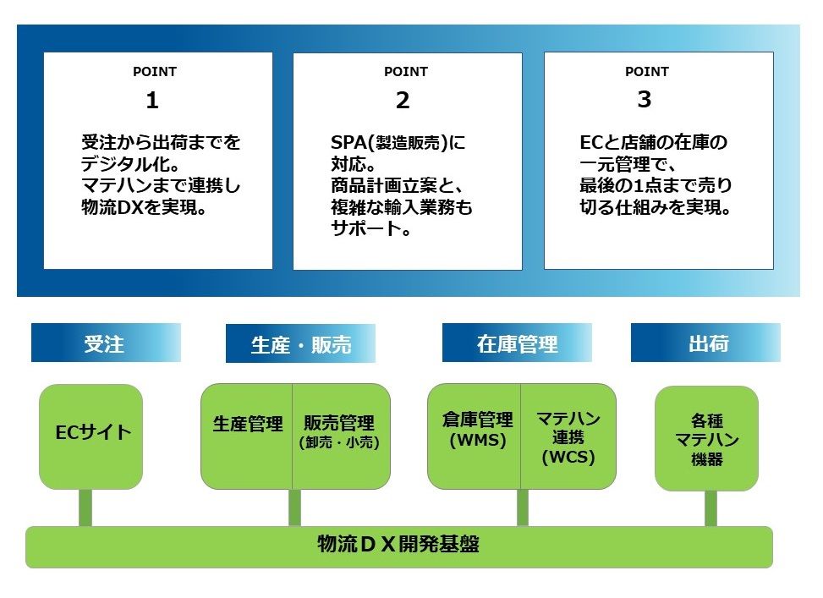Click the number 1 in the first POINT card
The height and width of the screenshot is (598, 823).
coord(152,101)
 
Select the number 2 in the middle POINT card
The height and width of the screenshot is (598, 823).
coord(403,101)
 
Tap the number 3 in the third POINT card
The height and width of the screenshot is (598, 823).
coord(645,100)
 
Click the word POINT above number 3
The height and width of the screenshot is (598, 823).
coord(646,72)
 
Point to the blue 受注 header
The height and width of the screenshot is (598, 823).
coord(105,343)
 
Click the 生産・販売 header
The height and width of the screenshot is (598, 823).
coord(300,344)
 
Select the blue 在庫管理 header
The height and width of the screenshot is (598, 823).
coord(517,343)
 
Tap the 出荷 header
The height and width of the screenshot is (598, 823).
coord(708,343)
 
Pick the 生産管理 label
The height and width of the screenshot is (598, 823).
coord(247,424)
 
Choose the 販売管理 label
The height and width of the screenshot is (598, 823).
coord(338,423)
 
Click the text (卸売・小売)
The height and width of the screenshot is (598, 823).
coord(338,442)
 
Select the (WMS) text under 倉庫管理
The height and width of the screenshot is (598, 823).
coord(477,440)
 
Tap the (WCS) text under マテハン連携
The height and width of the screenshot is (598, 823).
coord(568,458)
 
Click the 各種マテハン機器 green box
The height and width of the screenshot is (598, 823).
coord(706,438)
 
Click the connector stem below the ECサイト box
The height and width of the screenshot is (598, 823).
coord(85,507)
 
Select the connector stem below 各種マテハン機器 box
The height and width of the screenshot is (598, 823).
coord(711,507)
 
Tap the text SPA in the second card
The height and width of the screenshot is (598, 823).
coord(347,143)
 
